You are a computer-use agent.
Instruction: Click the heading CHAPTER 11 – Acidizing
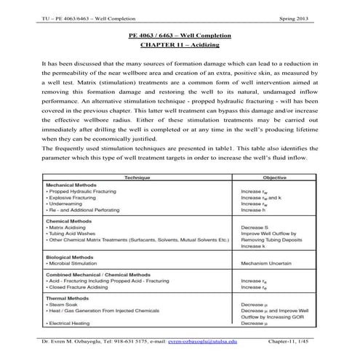click(179, 44)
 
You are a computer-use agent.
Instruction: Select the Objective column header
click(275, 177)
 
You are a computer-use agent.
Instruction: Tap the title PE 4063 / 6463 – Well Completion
click(179, 36)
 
